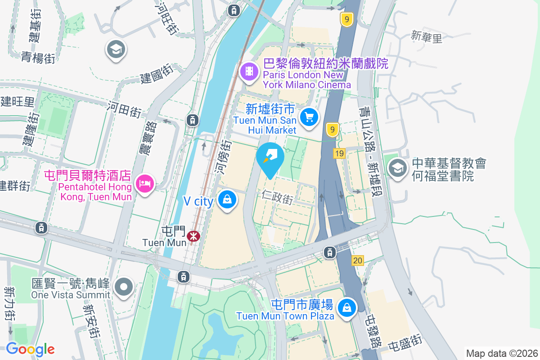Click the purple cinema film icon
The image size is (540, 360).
[248, 72]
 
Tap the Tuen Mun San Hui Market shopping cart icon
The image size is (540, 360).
[309, 118]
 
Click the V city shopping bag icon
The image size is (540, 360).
[227, 199]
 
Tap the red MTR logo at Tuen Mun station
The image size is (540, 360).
[194, 235]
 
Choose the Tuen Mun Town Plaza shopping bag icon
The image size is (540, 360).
[347, 308]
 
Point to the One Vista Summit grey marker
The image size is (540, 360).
[124, 287]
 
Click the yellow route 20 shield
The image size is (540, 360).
[358, 261]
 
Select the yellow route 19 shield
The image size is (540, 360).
[339, 154]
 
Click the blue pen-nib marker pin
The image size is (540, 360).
[270, 158]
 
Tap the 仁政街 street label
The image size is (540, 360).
[277, 197]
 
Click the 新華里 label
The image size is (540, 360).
[427, 37]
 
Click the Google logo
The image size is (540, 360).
[30, 349]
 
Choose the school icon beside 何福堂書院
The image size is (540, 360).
[397, 169]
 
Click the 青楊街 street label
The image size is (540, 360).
[38, 57]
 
